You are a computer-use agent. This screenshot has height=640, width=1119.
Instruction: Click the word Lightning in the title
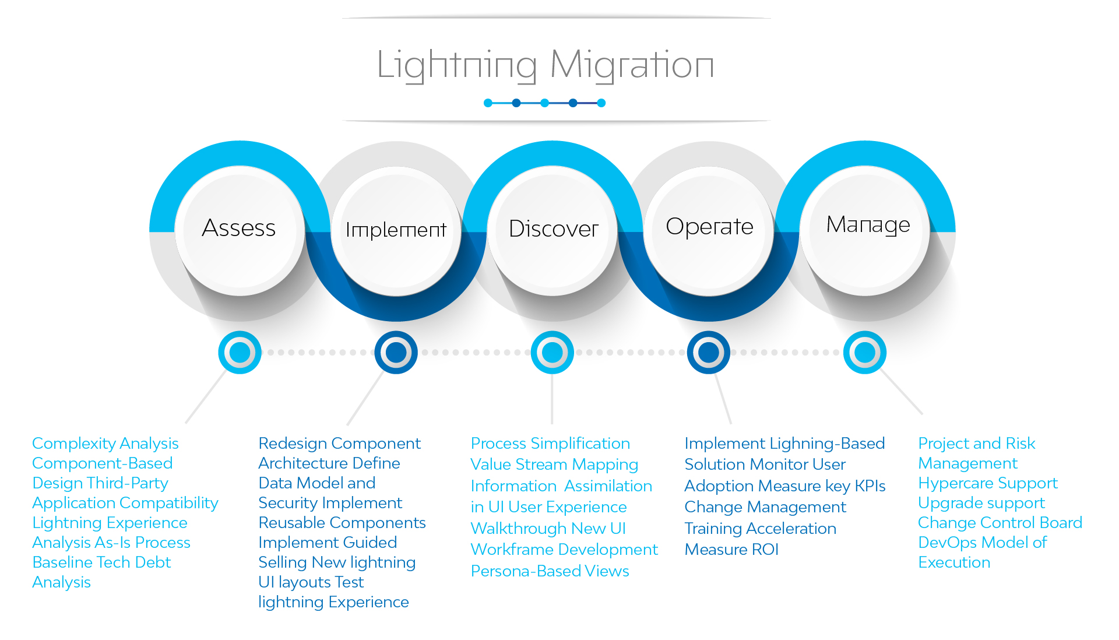457,65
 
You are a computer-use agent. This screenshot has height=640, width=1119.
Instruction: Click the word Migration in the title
632,65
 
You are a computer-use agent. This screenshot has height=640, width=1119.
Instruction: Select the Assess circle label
239,228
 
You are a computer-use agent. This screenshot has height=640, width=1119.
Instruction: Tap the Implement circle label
396,230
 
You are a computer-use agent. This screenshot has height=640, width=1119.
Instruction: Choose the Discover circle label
553,228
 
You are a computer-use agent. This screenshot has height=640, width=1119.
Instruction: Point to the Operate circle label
709,227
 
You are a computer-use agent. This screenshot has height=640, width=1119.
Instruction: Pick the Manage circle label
868,225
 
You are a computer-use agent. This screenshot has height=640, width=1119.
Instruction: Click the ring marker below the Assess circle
240,353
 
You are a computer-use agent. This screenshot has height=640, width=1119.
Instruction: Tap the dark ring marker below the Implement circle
396,353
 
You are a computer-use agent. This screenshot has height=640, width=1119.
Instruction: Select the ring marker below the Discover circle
553,353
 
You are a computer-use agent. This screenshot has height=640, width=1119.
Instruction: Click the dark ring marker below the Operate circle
709,353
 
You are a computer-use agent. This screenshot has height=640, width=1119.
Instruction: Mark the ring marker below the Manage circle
865,353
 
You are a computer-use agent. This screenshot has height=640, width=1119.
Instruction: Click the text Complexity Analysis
105,444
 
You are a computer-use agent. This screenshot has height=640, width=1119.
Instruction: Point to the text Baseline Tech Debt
102,562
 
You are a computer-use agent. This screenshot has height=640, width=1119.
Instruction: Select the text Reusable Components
342,523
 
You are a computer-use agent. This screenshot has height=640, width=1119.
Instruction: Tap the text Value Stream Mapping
554,465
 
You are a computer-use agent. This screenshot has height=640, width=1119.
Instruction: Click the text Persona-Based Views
550,571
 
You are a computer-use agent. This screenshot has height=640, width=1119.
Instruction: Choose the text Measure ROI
731,550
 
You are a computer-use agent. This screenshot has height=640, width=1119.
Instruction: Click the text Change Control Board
1000,523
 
